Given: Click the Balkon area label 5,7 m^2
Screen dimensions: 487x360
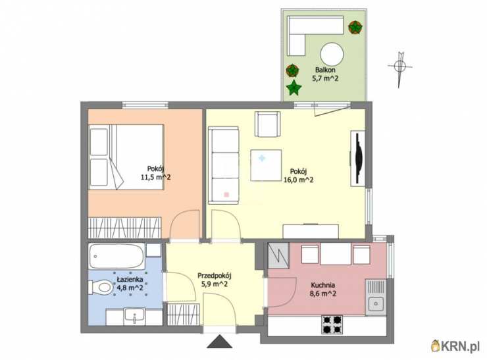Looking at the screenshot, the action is (325, 78).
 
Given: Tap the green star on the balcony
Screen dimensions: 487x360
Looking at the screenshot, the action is (294, 88).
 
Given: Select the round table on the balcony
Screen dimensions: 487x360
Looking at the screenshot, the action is (332, 54).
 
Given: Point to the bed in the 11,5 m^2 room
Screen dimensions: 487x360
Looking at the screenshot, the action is (126, 157).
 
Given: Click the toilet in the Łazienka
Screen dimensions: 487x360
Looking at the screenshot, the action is (100, 288).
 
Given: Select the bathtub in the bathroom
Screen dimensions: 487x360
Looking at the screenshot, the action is (116, 256).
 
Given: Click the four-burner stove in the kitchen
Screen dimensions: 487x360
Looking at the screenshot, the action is (332, 324).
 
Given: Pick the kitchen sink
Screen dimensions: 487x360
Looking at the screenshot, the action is (376, 297).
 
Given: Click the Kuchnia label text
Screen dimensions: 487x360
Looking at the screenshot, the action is (323, 285).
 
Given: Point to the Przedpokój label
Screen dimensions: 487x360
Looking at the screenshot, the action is (215, 276).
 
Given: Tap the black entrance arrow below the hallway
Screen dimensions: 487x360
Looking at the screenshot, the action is (220, 342).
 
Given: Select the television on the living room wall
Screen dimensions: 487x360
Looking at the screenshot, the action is (358, 159).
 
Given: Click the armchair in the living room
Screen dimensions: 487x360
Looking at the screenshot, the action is (268, 124).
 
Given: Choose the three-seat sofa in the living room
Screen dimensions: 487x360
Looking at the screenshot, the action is (224, 165).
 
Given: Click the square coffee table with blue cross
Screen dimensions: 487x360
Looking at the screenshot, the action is (266, 165).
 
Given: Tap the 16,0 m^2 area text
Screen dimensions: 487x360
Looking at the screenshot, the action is (299, 180).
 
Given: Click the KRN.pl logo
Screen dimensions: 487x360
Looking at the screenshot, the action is (455, 346).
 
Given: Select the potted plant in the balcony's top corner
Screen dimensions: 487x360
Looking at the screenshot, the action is (355, 28).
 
